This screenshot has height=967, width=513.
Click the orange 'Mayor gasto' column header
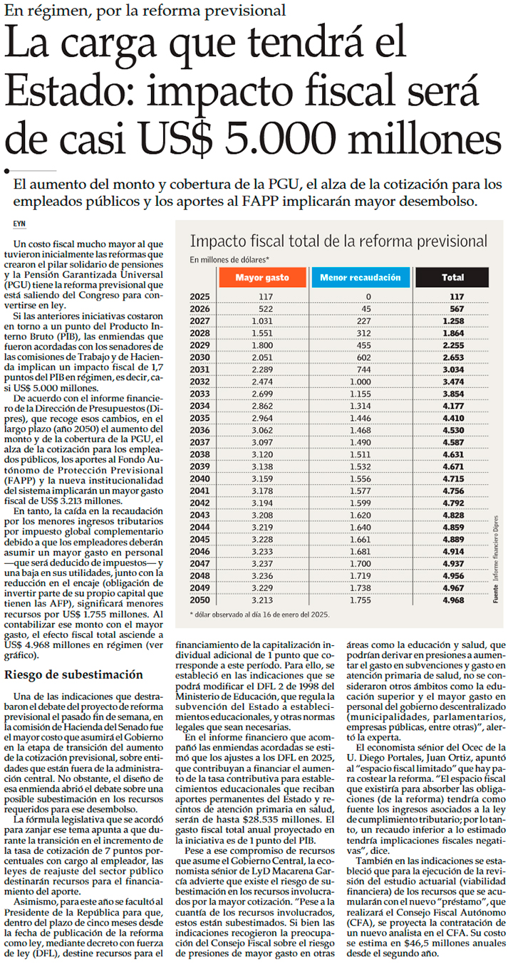pyautogui.click(x=262, y=277)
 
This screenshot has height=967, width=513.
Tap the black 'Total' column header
pyautogui.click(x=452, y=277)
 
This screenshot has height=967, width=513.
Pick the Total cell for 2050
pyautogui.click(x=452, y=600)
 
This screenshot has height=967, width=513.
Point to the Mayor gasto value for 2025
pyautogui.click(x=266, y=296)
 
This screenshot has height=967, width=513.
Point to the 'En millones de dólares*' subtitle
pyautogui.click(x=229, y=259)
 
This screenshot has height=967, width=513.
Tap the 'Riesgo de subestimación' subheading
pyautogui.click(x=74, y=674)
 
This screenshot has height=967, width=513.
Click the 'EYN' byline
pyautogui.click(x=19, y=223)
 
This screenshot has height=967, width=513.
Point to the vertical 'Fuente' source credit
pyautogui.click(x=495, y=593)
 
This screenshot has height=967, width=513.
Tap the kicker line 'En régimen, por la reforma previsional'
pyautogui.click(x=145, y=11)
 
